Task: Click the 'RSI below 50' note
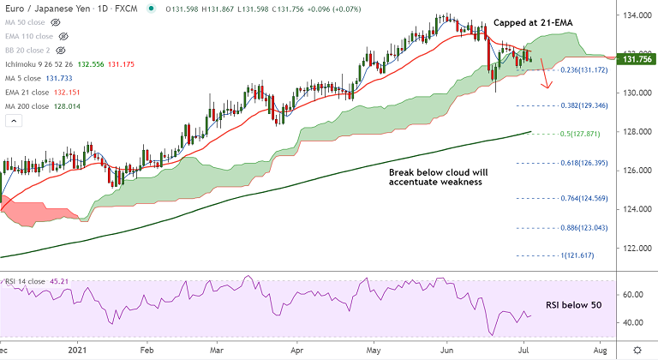click(576, 304)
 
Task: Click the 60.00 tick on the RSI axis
click(631, 294)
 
